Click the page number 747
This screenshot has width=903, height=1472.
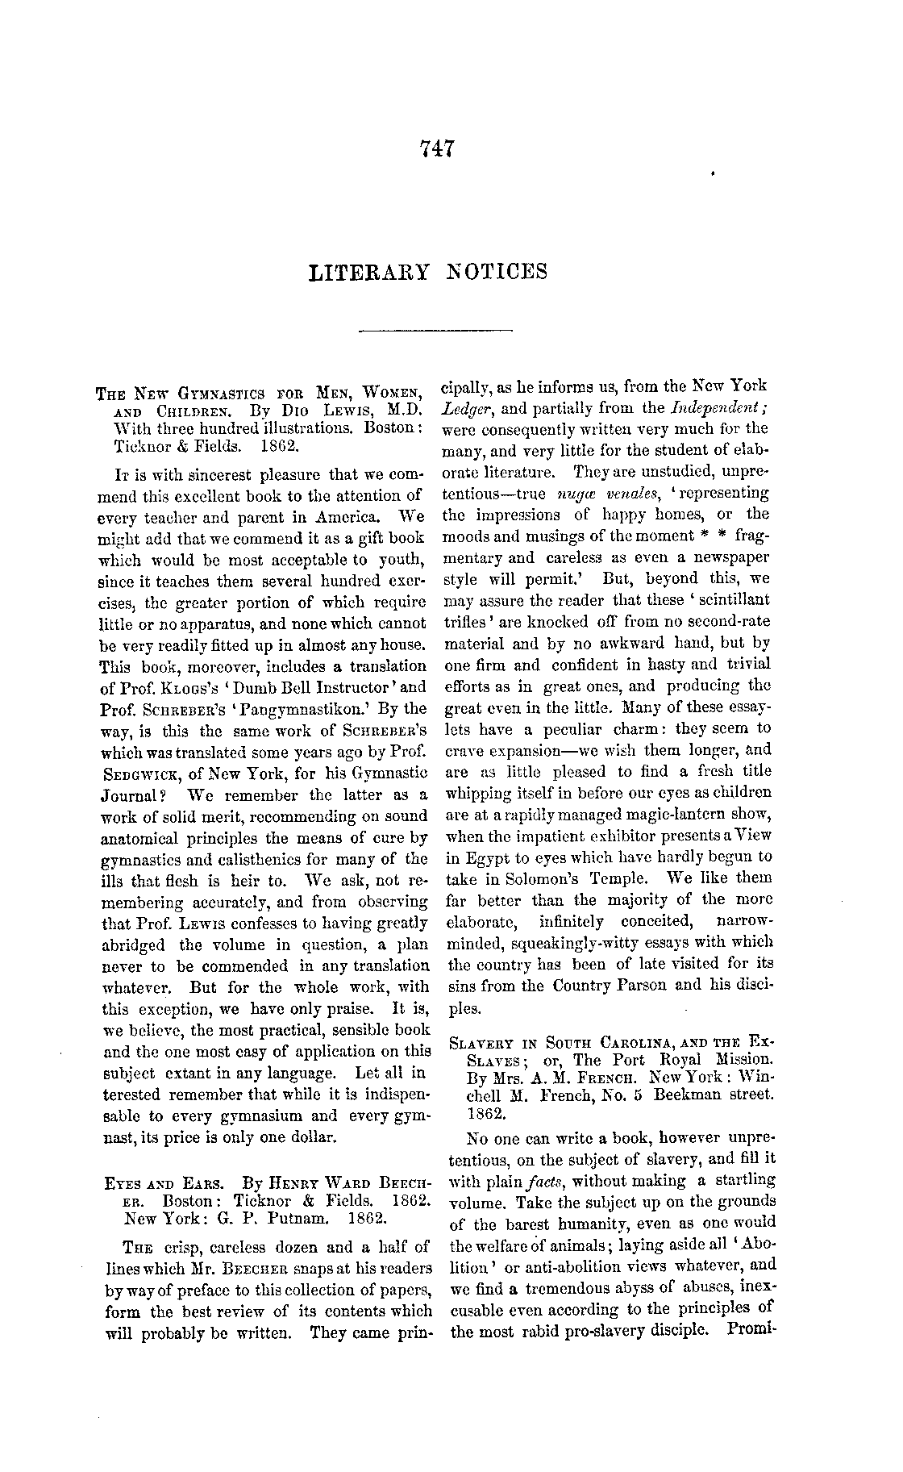pos(439,148)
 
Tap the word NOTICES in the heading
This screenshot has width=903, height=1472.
pos(497,271)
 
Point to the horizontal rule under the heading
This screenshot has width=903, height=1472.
pos(435,329)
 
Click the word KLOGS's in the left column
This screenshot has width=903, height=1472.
pos(173,688)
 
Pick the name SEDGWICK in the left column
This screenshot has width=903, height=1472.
pos(134,773)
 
